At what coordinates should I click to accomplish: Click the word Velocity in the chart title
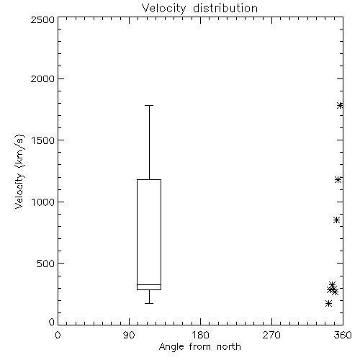coord(163,9)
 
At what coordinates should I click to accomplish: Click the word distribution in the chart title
coord(225,8)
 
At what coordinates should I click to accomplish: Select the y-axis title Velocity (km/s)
coord(19,171)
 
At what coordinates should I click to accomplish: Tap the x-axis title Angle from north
coord(199,346)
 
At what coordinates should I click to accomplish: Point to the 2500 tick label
coord(42,19)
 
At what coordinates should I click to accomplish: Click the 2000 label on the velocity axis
coord(42,79)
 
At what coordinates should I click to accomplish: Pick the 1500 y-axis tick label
coord(43,140)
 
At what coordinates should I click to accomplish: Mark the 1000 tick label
coord(43,202)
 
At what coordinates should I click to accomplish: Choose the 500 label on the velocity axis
coord(46,264)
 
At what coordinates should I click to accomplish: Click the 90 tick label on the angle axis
coord(129,335)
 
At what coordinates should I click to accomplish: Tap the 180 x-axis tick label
coord(200,335)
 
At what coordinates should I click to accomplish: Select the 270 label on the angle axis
coord(271,335)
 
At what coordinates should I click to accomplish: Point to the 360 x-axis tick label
coord(343,335)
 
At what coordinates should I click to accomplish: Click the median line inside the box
coord(149,284)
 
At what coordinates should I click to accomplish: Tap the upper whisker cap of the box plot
coord(149,105)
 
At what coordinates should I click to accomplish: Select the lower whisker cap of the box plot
coord(149,303)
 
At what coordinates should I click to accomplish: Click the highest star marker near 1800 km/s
coord(340,105)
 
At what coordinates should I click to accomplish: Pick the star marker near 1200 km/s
coord(338,179)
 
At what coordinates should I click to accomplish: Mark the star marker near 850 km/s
coord(336,220)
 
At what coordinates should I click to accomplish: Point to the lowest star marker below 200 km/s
coord(328,304)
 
